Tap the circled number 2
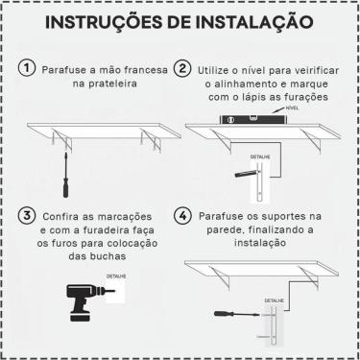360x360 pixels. pyautogui.click(x=182, y=70)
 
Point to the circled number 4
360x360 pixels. pyautogui.click(x=182, y=216)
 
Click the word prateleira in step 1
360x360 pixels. pyautogui.click(x=101, y=86)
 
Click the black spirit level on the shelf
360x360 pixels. pyautogui.click(x=255, y=122)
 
